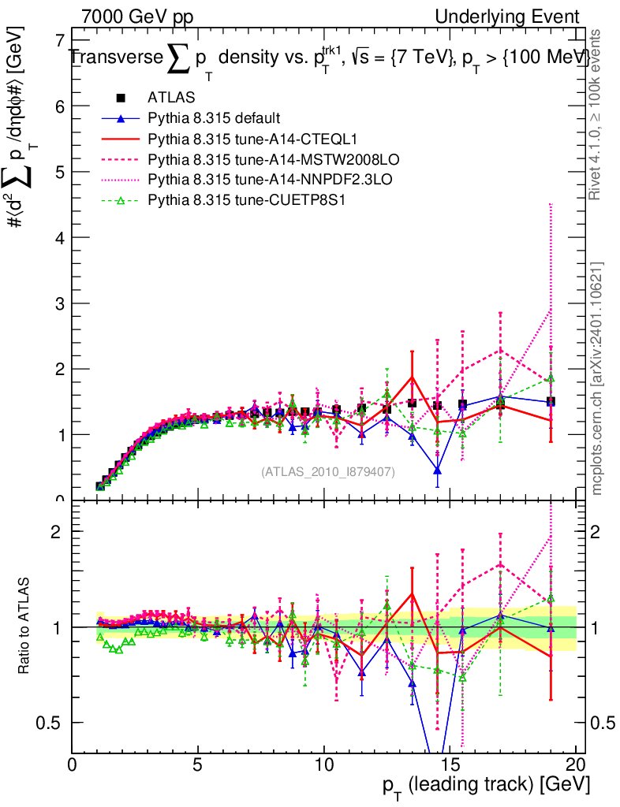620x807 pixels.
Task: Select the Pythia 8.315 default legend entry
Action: pos(214,118)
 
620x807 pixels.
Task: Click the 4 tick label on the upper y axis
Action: pos(58,237)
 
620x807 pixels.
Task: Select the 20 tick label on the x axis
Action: pos(576,764)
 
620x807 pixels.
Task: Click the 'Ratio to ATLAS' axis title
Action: pos(26,627)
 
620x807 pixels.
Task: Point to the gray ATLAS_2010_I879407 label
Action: pos(328,471)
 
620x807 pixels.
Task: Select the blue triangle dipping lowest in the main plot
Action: pos(437,470)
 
